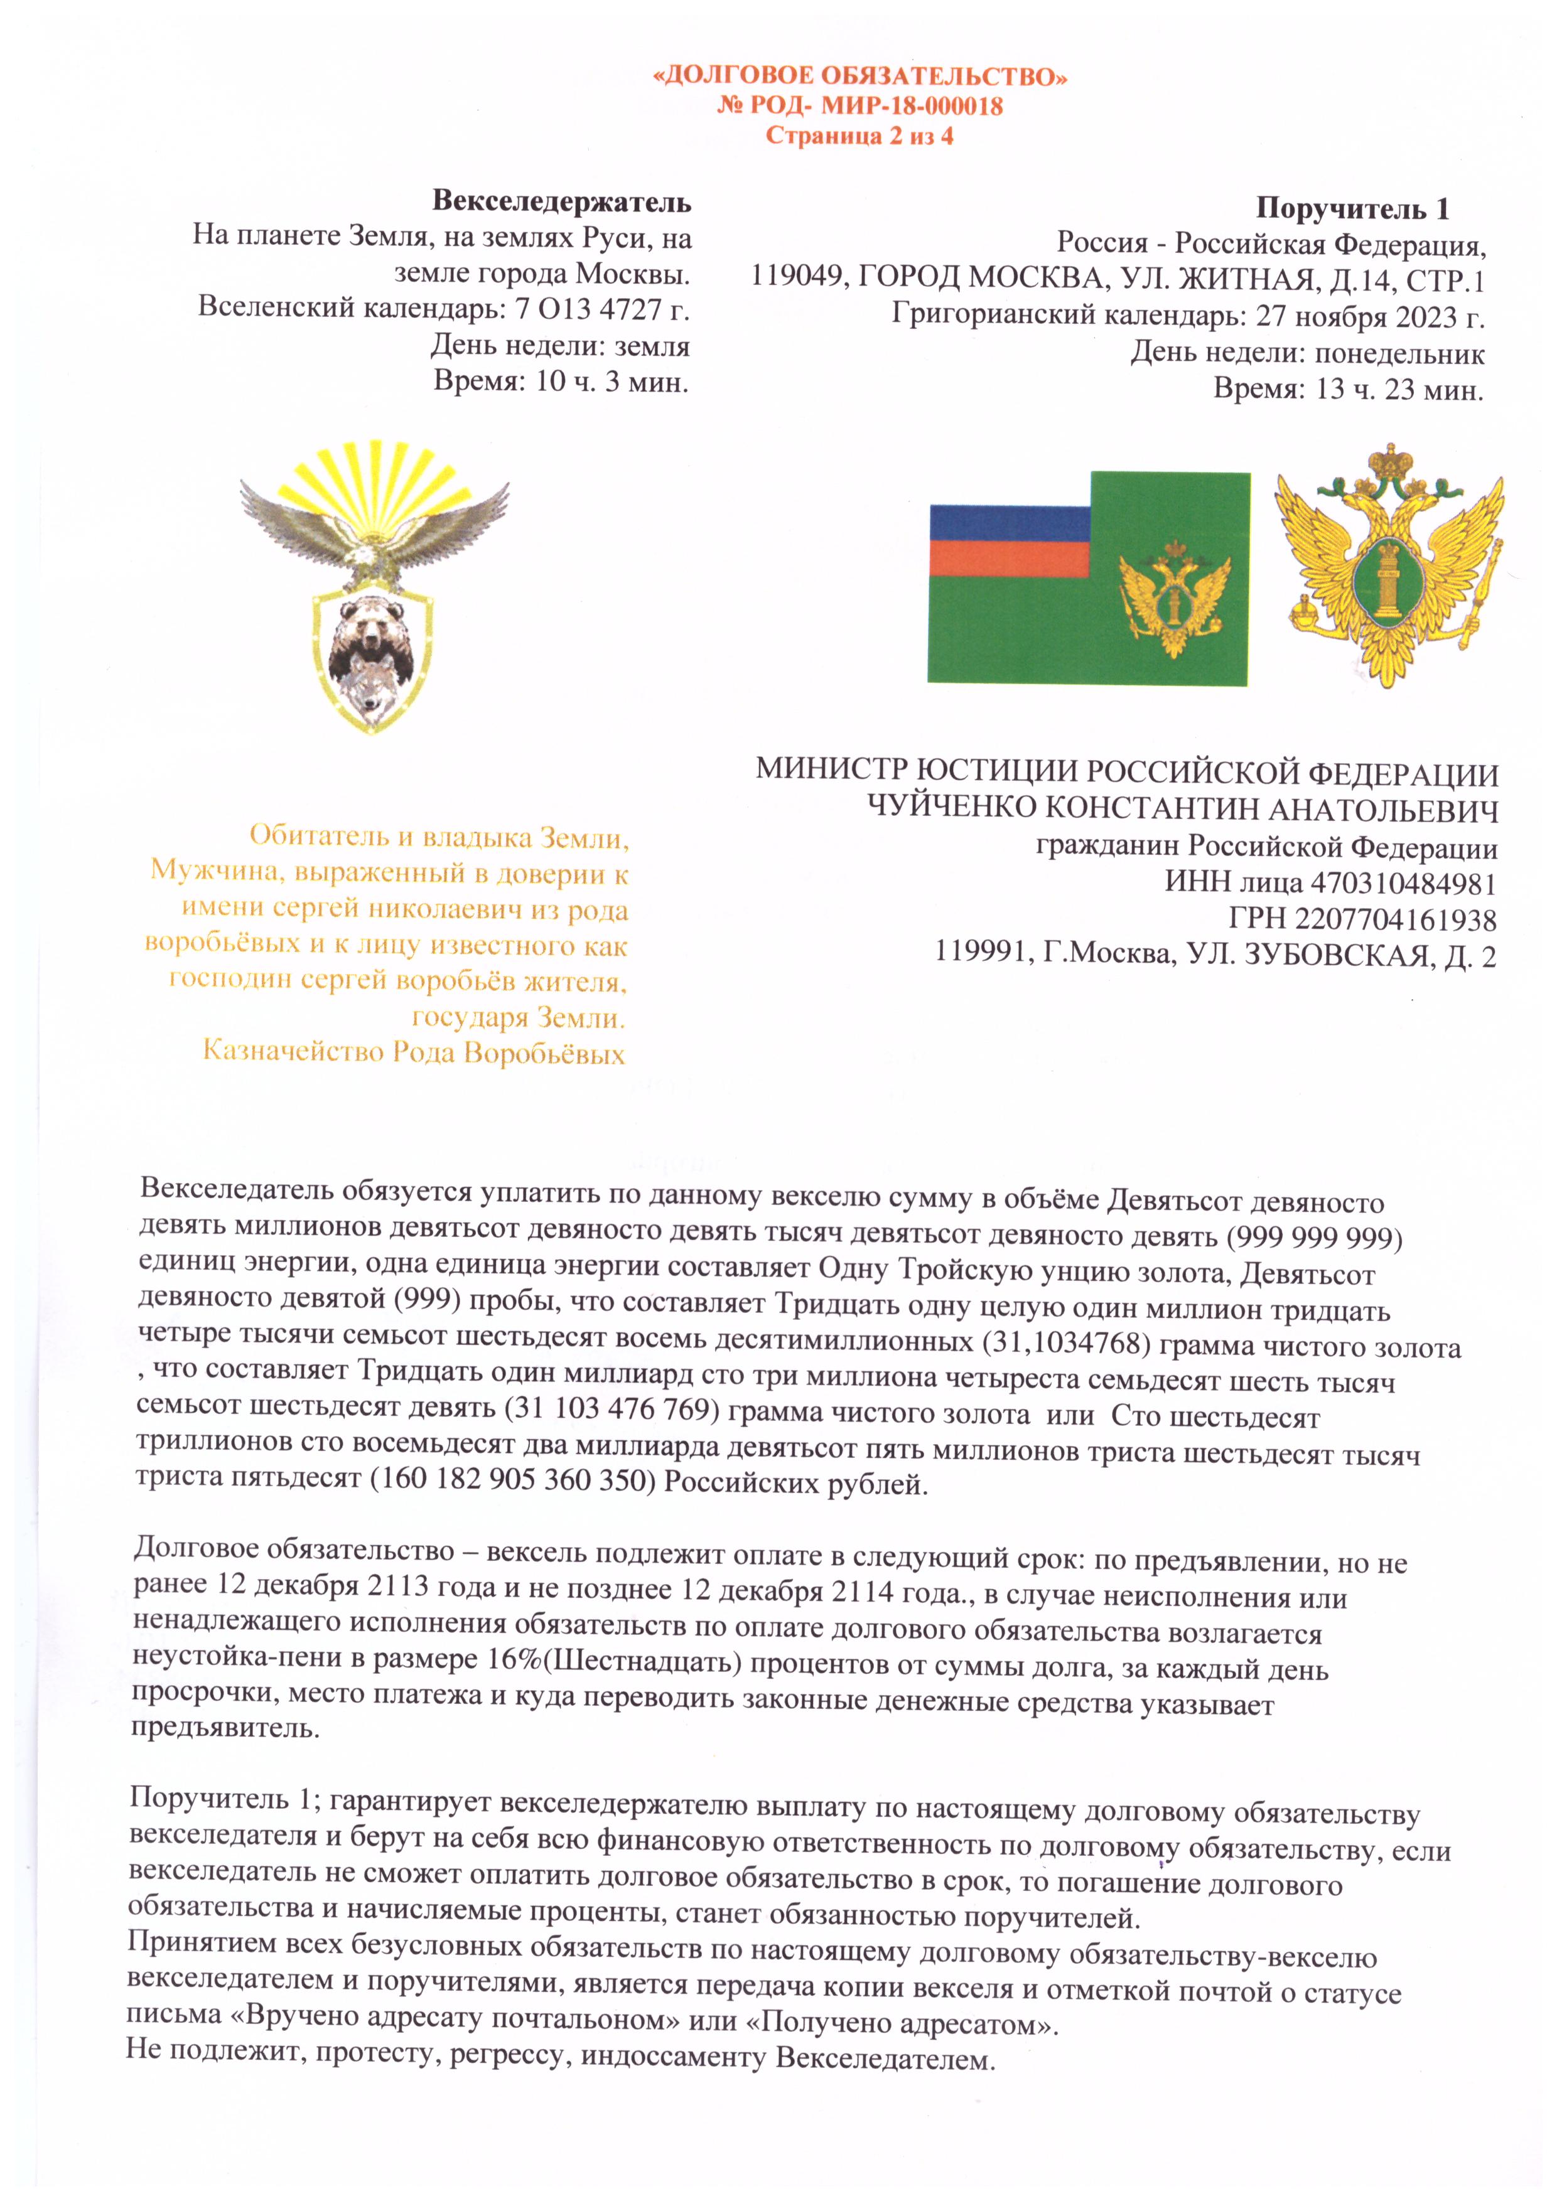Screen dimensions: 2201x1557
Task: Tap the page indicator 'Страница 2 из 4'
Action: coord(859,136)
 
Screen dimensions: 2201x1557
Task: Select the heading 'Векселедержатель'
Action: coord(562,202)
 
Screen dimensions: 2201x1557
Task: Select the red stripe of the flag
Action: coord(1009,558)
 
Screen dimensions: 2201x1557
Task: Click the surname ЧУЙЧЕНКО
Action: coord(950,808)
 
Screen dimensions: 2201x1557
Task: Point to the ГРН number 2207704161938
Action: coord(1395,920)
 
